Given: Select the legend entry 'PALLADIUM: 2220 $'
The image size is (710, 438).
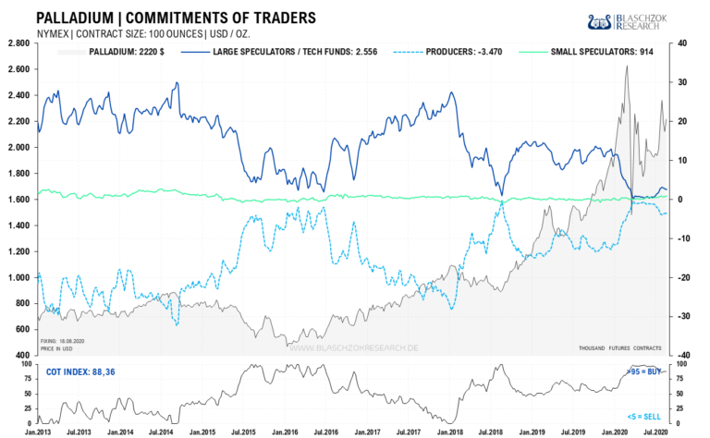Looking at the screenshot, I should point(119,52).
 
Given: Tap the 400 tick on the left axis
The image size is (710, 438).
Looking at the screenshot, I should point(20,356).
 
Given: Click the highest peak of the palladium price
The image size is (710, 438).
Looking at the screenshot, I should point(627,67).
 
